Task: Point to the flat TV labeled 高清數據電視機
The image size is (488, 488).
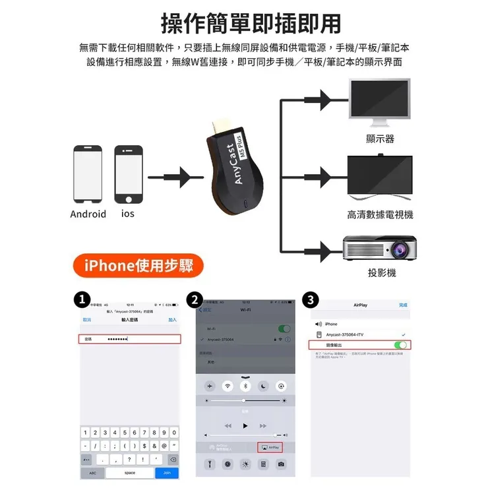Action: point(381,175)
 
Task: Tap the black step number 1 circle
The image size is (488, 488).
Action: point(82,300)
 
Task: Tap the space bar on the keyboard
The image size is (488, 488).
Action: point(130,473)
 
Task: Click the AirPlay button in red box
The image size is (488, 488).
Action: point(272,447)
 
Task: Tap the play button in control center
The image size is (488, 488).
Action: point(245,426)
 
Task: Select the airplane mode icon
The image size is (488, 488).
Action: point(210,385)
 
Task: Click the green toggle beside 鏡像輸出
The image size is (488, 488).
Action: point(400,345)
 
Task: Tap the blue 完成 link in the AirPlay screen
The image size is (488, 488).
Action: point(403,305)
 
